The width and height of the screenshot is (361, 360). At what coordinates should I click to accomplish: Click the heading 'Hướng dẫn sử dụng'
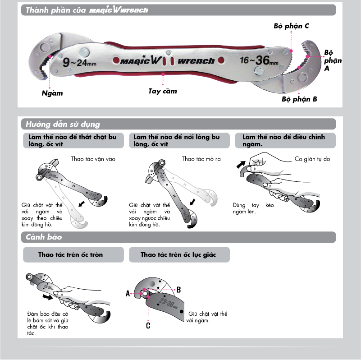63,124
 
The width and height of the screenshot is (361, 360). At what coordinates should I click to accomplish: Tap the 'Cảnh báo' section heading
44,237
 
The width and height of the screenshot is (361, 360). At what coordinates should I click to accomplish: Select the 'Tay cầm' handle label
163,91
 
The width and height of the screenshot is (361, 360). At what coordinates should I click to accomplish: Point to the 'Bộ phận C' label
291,26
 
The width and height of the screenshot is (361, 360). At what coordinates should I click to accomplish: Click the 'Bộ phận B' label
299,99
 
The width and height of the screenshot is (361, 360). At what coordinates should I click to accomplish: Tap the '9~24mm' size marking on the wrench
79,62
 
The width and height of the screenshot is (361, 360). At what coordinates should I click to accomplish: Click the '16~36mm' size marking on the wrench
259,60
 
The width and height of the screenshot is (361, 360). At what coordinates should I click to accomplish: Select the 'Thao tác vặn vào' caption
93,159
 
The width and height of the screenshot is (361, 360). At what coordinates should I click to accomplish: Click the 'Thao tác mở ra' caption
201,159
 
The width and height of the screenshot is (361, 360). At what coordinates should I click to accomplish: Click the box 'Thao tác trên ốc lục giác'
178,255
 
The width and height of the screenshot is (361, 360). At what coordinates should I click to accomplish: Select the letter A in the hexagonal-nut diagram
128,293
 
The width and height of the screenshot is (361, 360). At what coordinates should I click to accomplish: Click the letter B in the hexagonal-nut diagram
178,289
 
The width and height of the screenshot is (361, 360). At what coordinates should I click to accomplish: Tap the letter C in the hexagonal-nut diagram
148,325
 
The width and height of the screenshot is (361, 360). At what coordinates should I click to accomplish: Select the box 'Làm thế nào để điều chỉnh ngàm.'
285,140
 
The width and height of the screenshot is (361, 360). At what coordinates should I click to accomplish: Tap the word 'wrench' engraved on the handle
196,61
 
